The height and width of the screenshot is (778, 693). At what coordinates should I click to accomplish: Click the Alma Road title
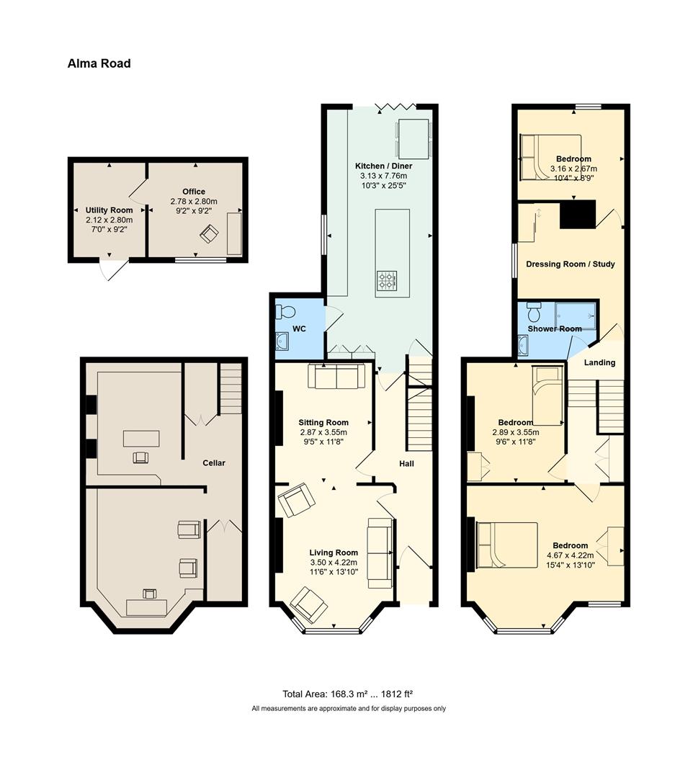click(x=99, y=63)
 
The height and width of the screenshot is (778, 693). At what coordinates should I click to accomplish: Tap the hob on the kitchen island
click(x=387, y=281)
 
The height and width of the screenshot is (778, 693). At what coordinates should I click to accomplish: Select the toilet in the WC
click(x=285, y=312)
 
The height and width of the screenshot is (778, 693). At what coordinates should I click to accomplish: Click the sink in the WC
click(x=281, y=341)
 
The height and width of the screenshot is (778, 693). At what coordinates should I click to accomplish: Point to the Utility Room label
click(x=109, y=210)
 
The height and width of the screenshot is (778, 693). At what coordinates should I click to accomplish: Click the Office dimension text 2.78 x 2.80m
click(x=194, y=202)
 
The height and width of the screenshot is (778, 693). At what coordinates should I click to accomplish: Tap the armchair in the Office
click(x=210, y=233)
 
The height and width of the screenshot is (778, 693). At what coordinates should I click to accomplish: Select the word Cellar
click(x=214, y=463)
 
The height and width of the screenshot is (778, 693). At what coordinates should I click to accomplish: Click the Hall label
click(x=406, y=464)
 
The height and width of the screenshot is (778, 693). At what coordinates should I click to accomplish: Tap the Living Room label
click(x=334, y=553)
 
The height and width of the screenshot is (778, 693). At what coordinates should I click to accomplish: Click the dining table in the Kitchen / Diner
click(x=413, y=139)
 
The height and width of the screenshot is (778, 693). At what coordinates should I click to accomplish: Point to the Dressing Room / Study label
click(x=571, y=264)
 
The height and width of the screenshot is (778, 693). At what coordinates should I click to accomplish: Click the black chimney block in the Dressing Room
click(x=578, y=215)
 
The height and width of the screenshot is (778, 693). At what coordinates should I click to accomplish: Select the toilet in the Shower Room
click(x=534, y=312)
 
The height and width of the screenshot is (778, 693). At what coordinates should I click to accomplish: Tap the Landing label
click(x=599, y=362)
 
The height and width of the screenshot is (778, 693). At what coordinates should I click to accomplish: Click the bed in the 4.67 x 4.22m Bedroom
click(x=506, y=545)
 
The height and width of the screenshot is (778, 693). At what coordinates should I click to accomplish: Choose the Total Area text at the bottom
click(x=348, y=694)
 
